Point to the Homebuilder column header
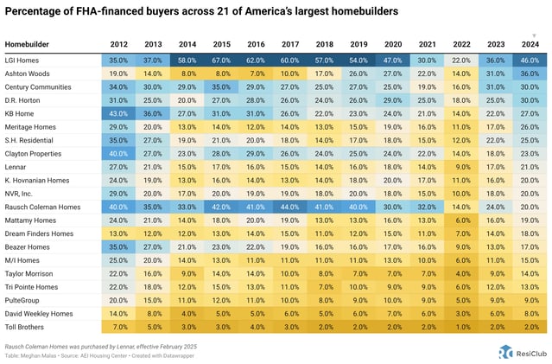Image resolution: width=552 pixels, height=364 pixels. point(27,43)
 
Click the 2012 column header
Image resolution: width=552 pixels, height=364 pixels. point(119,43)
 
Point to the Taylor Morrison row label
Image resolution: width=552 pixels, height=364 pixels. point(31,273)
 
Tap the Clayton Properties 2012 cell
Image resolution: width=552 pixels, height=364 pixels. point(119,154)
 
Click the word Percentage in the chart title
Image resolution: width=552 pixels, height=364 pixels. point(34,13)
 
